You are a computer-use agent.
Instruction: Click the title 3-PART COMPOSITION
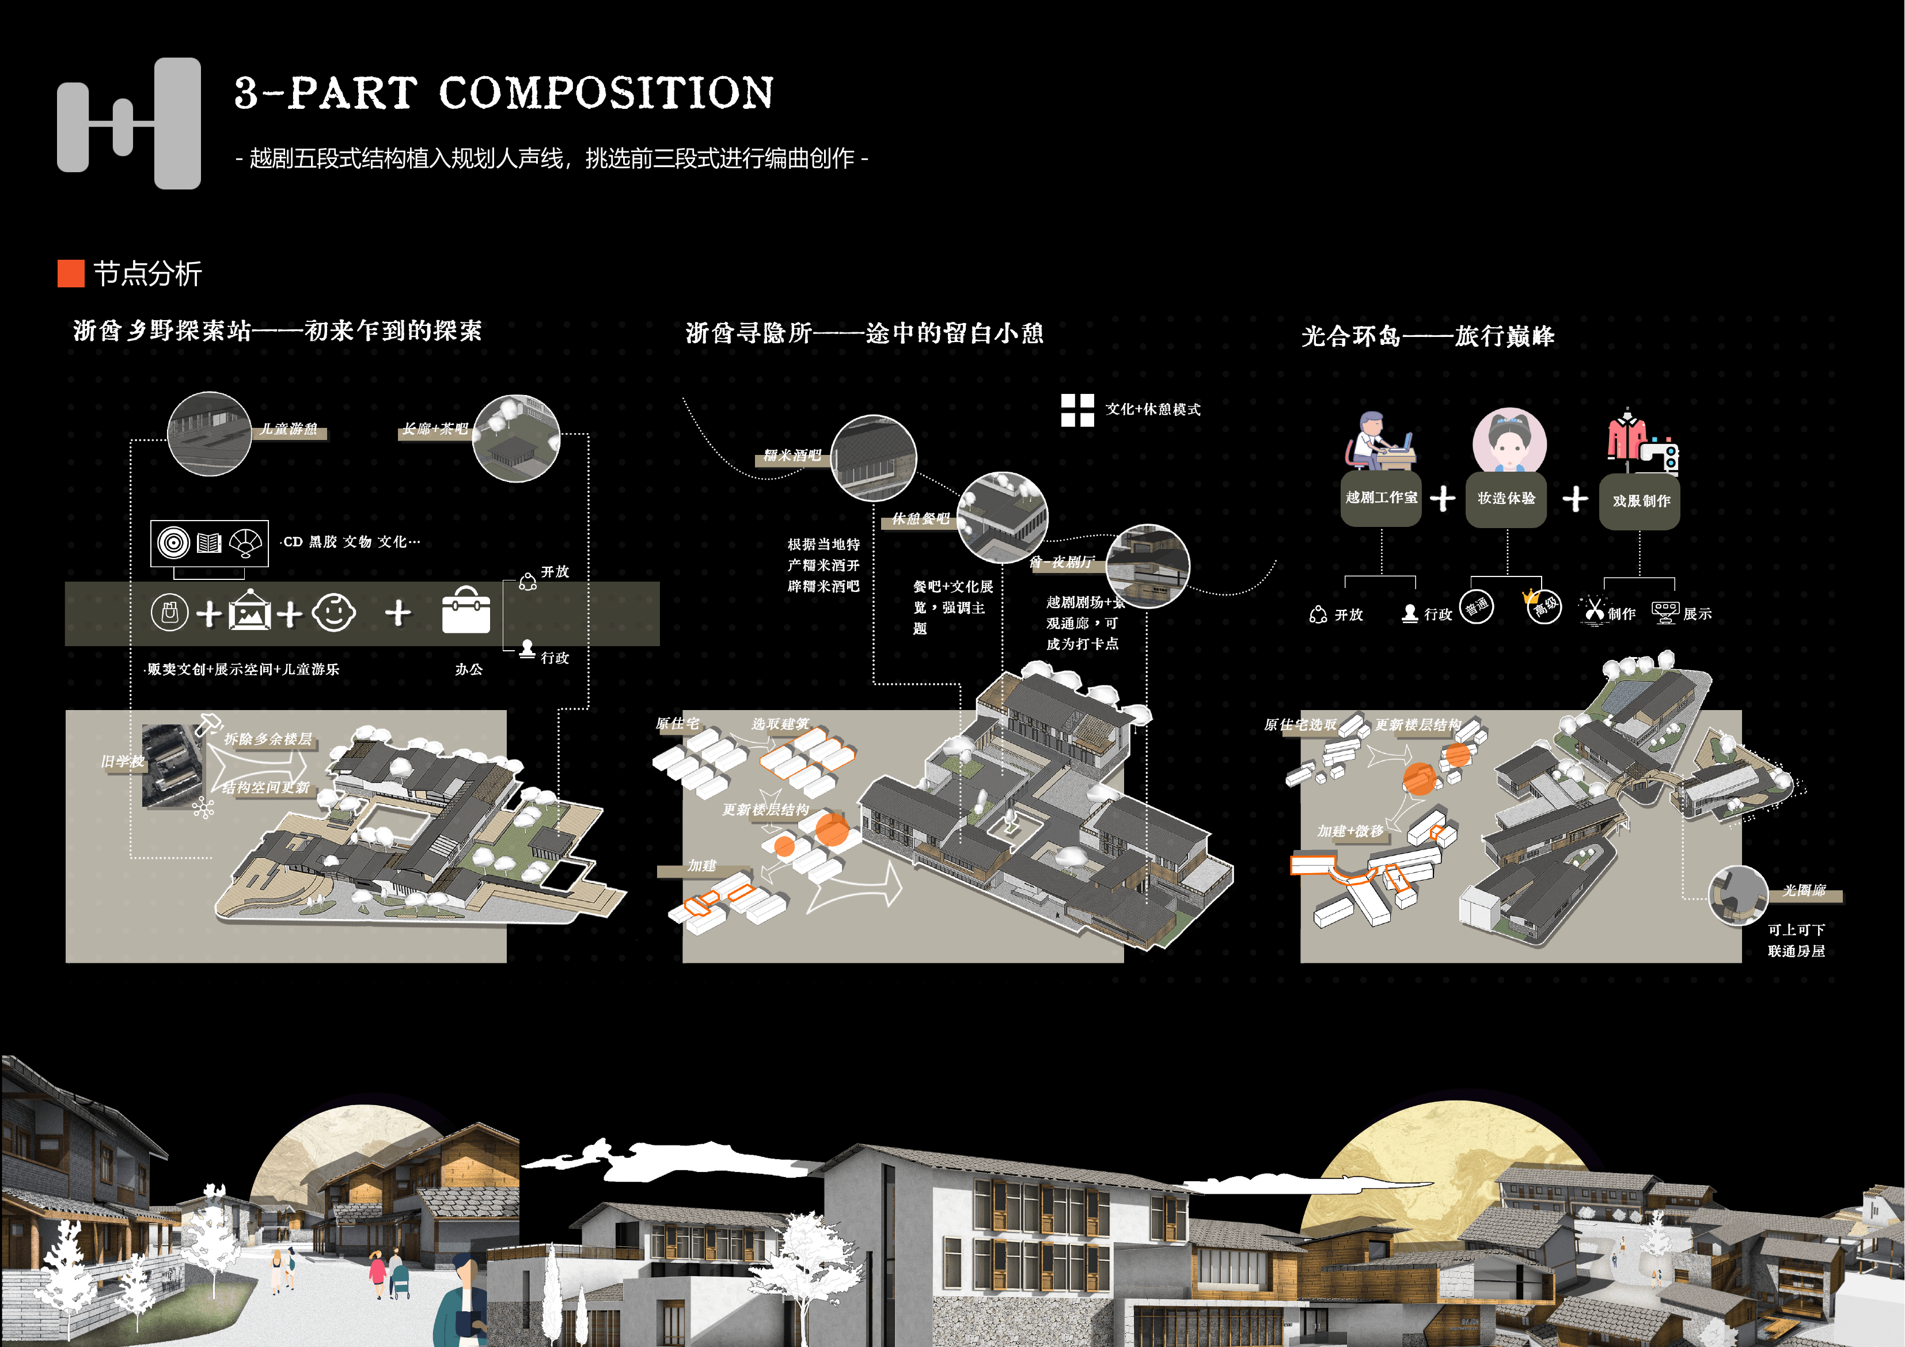[504, 92]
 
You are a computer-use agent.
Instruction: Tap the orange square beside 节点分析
[70, 273]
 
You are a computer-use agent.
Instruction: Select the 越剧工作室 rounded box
[1380, 498]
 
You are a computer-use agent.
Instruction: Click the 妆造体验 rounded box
[1505, 499]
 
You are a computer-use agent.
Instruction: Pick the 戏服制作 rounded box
[1640, 501]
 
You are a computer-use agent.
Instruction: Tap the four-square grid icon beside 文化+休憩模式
[1077, 410]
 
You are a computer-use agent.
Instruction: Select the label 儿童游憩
[289, 429]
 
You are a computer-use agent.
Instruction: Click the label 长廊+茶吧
[435, 429]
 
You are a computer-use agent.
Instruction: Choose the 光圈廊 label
[1805, 890]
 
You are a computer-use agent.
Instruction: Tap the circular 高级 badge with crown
[1543, 606]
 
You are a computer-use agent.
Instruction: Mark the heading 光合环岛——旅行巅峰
[1427, 336]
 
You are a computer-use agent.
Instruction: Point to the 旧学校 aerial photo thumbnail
[172, 765]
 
